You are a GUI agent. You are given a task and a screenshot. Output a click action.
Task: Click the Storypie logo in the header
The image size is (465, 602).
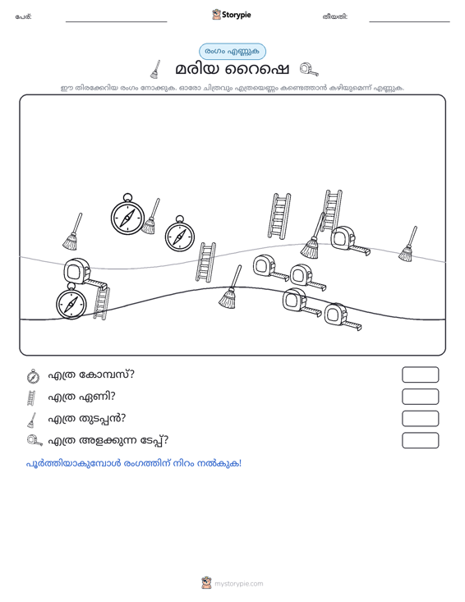232,15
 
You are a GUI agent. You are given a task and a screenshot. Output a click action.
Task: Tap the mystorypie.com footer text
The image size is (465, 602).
238,584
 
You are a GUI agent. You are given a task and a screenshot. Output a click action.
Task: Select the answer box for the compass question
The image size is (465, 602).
420,375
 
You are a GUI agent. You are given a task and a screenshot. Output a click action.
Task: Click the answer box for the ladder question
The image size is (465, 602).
420,397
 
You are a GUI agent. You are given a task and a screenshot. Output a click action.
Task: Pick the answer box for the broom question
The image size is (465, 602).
420,419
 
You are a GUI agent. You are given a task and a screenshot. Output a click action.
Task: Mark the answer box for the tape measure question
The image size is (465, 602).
420,440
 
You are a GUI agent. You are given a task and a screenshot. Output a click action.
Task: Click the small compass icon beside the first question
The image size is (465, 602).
33,376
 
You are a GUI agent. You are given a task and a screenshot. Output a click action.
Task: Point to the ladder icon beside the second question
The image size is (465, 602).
31,398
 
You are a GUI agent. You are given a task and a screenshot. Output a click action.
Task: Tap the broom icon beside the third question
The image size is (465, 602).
32,420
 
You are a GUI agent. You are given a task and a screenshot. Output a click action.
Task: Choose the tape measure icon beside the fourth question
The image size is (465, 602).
35,441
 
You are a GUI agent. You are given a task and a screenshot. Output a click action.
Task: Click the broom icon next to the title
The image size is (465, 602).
155,69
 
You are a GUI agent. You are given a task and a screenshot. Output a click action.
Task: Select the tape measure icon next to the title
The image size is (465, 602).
309,70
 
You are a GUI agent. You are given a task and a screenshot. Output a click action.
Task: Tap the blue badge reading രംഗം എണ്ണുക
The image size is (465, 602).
232,52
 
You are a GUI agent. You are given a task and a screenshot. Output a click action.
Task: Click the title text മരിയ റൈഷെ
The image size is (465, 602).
232,70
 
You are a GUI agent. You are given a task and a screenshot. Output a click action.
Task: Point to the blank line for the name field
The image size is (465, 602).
117,21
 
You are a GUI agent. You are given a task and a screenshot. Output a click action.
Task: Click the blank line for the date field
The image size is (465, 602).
409,21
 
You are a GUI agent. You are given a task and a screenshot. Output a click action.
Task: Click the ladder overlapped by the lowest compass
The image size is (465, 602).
101,303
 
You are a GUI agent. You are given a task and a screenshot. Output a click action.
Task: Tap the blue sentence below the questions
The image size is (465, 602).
134,463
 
